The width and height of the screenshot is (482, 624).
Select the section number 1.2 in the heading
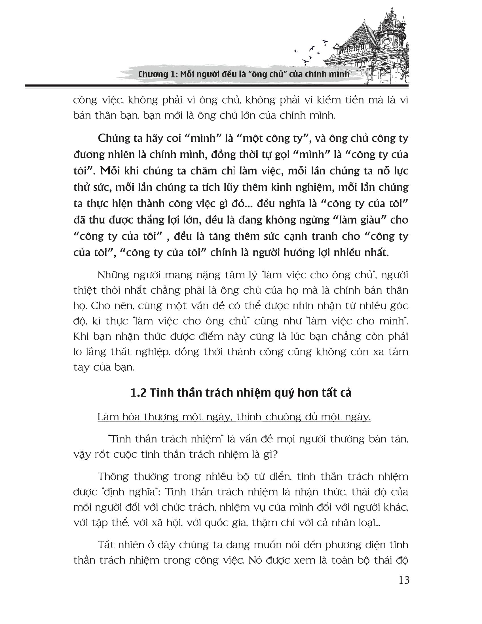tap(138, 393)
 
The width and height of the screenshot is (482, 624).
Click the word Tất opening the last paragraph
tap(107, 545)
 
